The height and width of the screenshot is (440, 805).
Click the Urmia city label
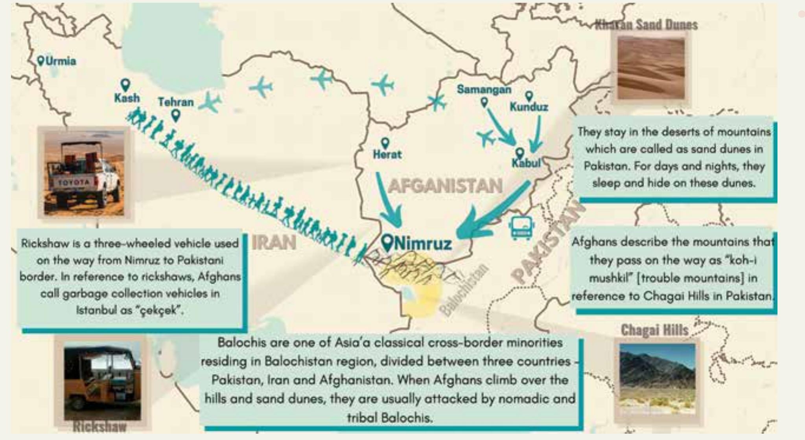(x=61, y=61)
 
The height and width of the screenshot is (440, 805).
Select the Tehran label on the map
(x=176, y=102)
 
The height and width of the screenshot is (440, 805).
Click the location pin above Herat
(x=385, y=143)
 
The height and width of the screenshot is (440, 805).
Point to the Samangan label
(x=484, y=90)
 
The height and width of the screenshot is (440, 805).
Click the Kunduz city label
(x=529, y=106)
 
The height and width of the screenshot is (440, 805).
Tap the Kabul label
(x=526, y=163)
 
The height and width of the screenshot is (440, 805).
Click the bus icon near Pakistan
(x=521, y=228)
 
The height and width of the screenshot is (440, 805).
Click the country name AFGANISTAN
(x=445, y=186)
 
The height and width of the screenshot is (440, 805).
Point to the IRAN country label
(x=274, y=242)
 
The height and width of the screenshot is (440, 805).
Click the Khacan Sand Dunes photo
(x=651, y=68)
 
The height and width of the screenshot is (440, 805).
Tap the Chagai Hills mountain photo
(x=657, y=379)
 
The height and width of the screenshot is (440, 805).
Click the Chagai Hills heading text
(x=654, y=330)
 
